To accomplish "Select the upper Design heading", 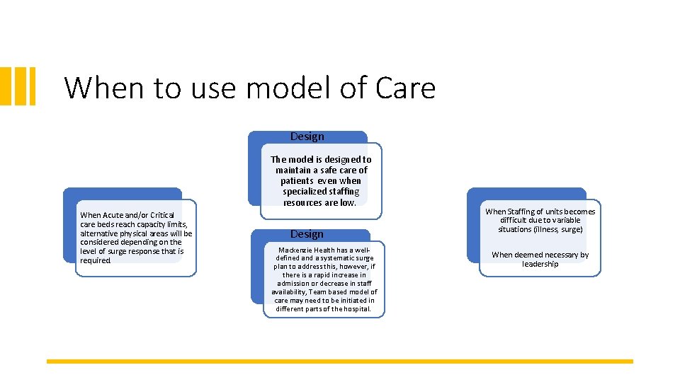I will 307,137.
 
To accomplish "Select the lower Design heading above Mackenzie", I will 307,234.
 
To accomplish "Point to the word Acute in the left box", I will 113,215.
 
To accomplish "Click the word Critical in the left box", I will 161,215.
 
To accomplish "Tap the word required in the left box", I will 96,260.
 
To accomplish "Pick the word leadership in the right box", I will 540,264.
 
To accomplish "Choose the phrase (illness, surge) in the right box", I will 560,229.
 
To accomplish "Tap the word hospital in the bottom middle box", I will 355,309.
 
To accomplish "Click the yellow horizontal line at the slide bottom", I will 340,361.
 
